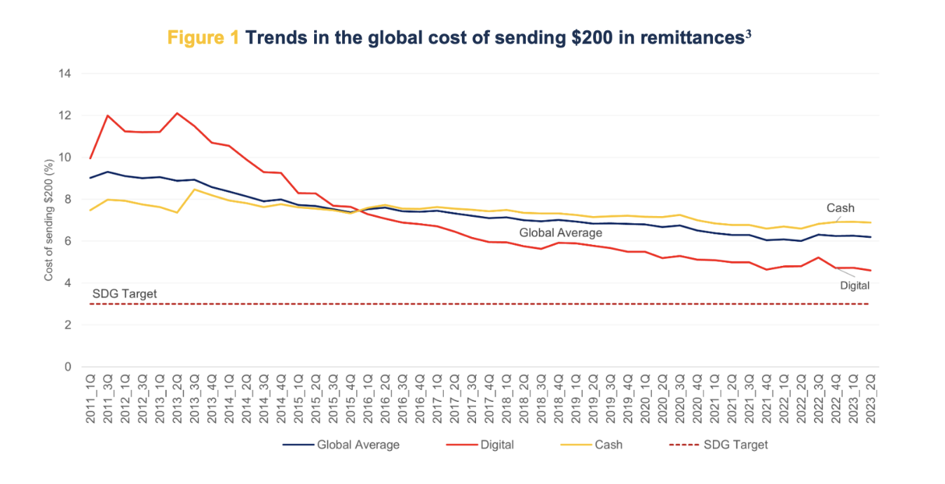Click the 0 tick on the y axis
point(67,367)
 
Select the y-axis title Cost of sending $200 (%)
point(48,220)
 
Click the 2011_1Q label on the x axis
point(90,398)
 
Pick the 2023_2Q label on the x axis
point(870,398)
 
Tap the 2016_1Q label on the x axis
point(368,398)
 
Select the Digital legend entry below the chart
point(497,445)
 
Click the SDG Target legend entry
point(735,445)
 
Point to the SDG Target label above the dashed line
point(125,293)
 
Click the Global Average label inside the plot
point(561,232)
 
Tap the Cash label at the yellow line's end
point(841,208)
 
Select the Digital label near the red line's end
point(855,285)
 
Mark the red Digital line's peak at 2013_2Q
point(177,113)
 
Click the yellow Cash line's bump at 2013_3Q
point(194,189)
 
